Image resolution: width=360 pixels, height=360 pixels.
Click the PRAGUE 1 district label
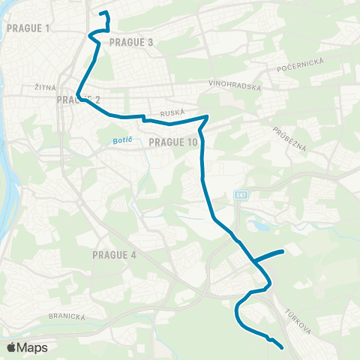click(27, 28)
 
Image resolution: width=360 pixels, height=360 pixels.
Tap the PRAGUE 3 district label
click(131, 43)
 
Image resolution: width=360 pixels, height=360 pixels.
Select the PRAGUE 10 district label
click(173, 142)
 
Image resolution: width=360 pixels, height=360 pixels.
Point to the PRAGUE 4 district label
click(114, 255)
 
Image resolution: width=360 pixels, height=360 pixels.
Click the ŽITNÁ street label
click(46, 88)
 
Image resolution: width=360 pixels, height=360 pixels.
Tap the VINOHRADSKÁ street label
click(235, 87)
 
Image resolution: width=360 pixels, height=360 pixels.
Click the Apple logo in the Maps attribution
click(11, 347)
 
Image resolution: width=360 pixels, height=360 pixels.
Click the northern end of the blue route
click(100, 13)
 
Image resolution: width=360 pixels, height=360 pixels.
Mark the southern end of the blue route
click(281, 347)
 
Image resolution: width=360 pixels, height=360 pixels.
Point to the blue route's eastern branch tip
click(282, 251)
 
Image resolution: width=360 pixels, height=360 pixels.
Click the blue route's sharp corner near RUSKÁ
click(207, 116)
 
